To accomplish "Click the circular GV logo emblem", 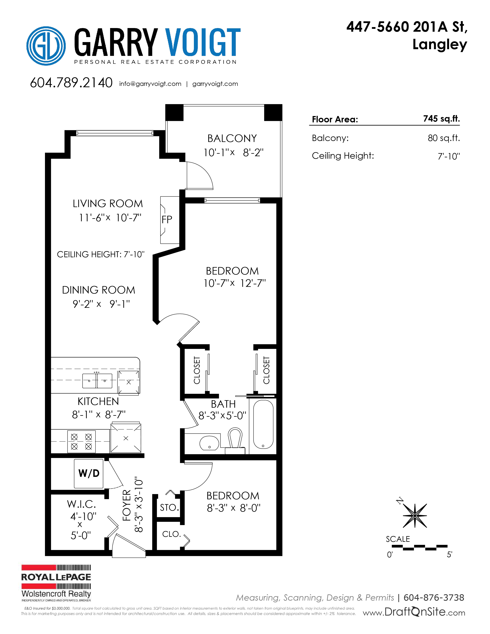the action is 46,46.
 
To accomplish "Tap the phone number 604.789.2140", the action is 71,83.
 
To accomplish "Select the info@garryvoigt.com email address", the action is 150,84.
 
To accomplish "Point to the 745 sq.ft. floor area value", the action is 441,119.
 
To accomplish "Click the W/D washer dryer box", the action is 89,473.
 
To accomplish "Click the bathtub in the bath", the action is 263,424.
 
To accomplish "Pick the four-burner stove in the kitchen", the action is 81,441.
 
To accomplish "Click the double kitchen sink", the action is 97,381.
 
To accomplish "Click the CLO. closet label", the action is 172,534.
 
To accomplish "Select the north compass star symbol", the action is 415,516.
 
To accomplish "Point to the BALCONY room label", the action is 232,139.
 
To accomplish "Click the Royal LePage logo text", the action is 56,577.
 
